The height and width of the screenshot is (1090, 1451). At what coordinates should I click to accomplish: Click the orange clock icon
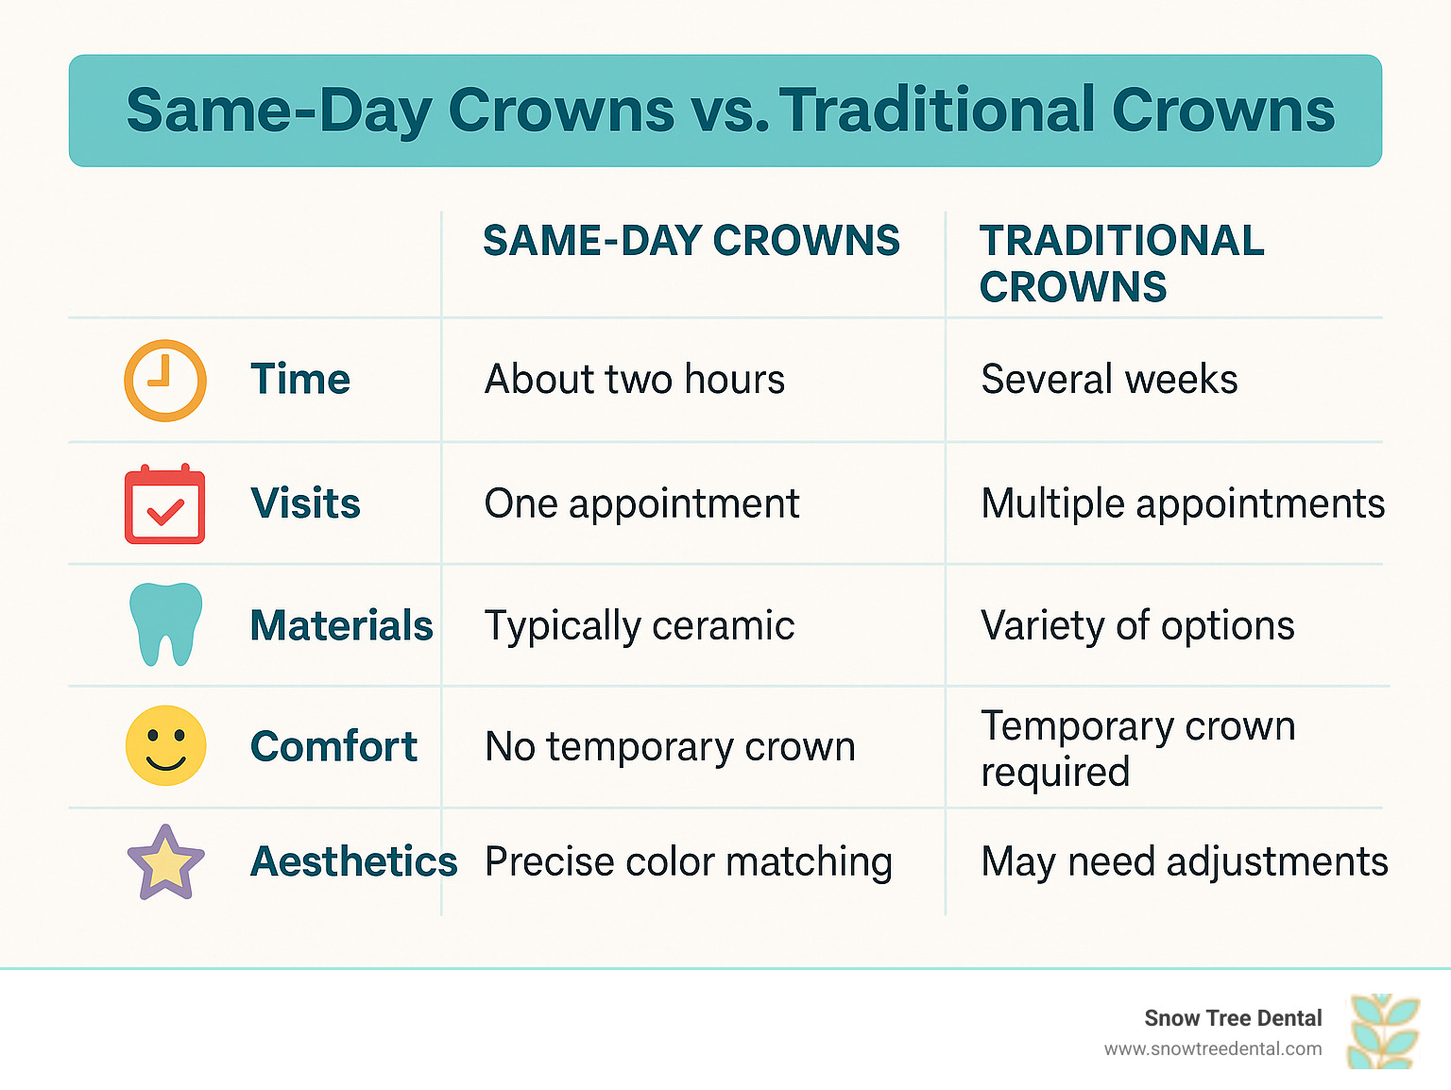(165, 381)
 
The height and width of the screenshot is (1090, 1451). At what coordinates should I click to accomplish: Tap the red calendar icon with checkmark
(164, 503)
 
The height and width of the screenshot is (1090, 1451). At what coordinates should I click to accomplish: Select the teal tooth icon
(166, 624)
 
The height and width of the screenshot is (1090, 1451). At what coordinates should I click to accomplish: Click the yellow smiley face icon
(166, 745)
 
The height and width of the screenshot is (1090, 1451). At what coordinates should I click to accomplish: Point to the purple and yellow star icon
(166, 862)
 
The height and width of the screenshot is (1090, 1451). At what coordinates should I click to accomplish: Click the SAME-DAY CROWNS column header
(691, 240)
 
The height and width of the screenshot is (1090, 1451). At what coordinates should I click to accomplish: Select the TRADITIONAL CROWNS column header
(1122, 264)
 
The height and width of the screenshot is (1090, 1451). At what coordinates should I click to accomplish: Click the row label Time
(300, 379)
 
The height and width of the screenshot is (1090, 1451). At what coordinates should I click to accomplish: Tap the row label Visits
(305, 503)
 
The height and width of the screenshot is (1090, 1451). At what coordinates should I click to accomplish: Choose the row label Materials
(342, 625)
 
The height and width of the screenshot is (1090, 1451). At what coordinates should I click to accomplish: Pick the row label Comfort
(333, 746)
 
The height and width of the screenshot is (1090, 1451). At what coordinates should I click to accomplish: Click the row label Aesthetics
(353, 861)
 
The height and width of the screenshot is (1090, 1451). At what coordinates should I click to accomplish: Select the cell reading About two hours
(635, 379)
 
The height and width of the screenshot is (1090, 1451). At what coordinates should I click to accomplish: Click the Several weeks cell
(1109, 379)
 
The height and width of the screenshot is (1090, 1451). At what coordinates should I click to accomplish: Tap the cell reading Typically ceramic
(640, 626)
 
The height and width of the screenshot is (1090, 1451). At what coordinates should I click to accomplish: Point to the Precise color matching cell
(688, 862)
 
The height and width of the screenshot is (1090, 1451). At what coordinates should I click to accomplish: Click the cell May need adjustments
(1185, 862)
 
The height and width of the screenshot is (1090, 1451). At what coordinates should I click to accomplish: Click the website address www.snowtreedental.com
(1213, 1049)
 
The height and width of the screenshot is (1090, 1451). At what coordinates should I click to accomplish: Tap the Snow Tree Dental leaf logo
(1384, 1030)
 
